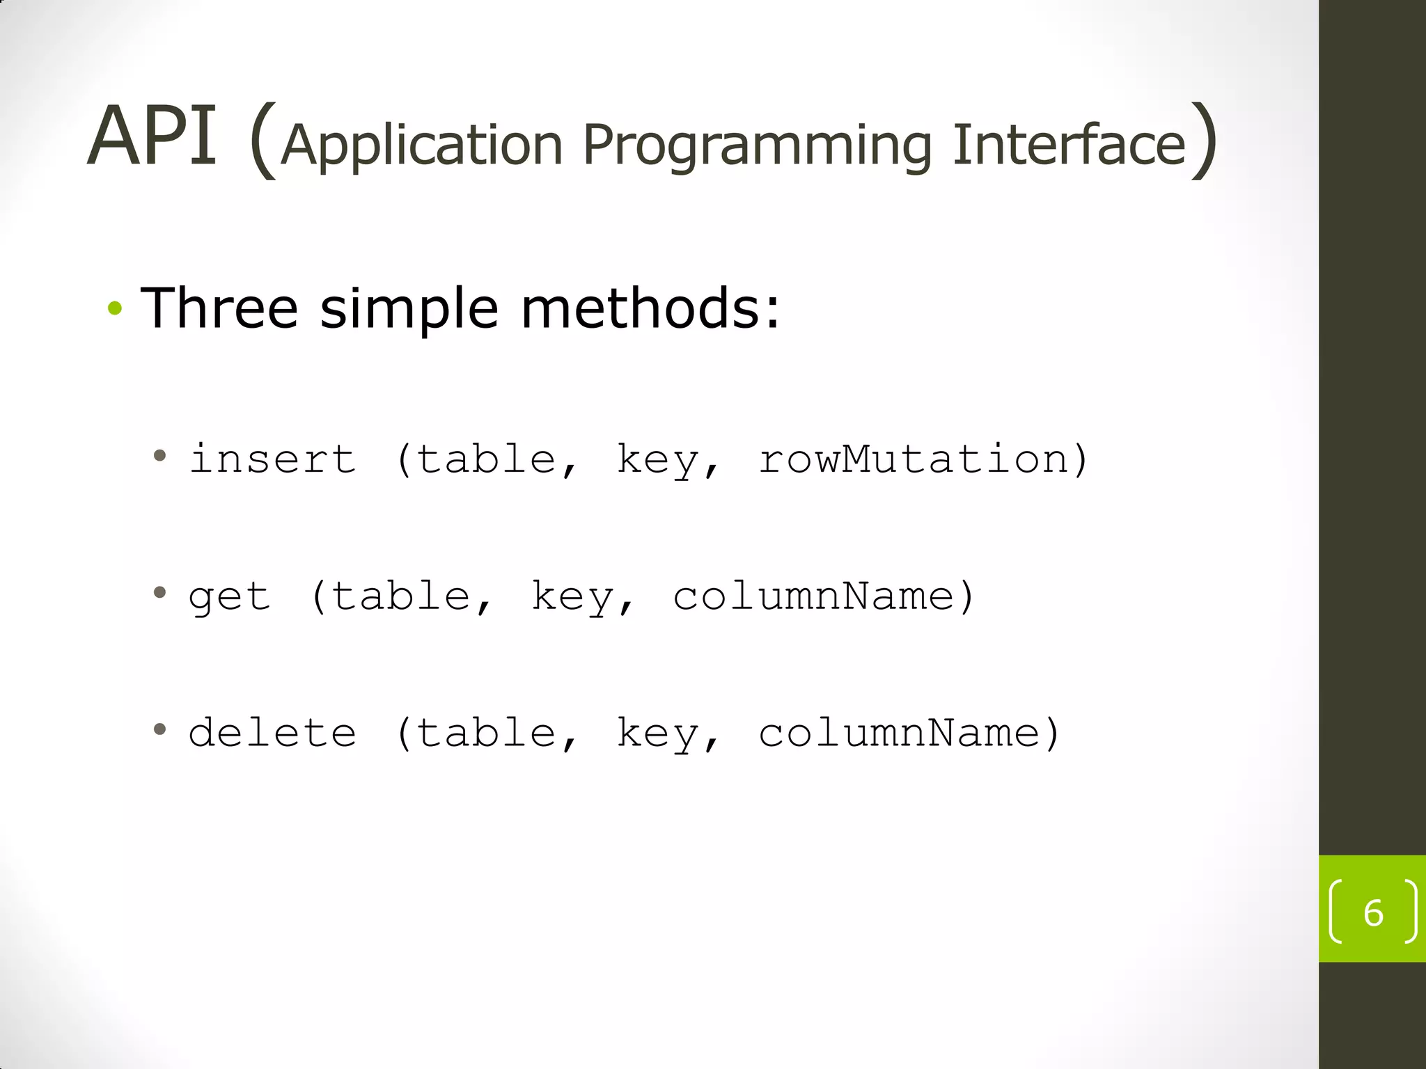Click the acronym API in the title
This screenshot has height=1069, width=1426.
pos(151,136)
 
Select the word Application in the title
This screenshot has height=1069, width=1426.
pos(422,146)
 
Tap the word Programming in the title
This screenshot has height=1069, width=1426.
pos(757,146)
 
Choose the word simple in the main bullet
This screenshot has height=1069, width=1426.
pos(409,309)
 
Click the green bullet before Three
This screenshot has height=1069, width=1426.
pos(115,308)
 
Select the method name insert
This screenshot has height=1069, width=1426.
pos(272,459)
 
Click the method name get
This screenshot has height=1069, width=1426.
pos(229,597)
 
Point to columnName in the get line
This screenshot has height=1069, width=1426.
pos(813,596)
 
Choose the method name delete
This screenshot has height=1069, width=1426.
pos(272,733)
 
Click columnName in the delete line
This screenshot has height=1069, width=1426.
pos(899,733)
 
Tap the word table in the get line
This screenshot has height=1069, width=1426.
pos(401,596)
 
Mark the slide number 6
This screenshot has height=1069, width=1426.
pos(1373,912)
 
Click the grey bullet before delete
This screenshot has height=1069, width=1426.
pos(160,729)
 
